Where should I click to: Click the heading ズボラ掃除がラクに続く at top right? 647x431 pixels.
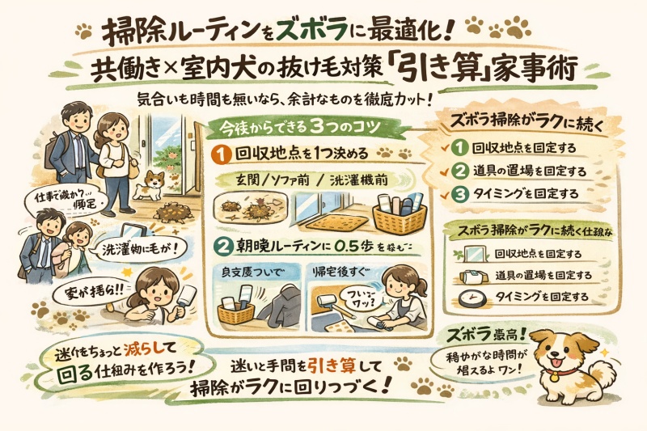(x=529, y=119)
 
